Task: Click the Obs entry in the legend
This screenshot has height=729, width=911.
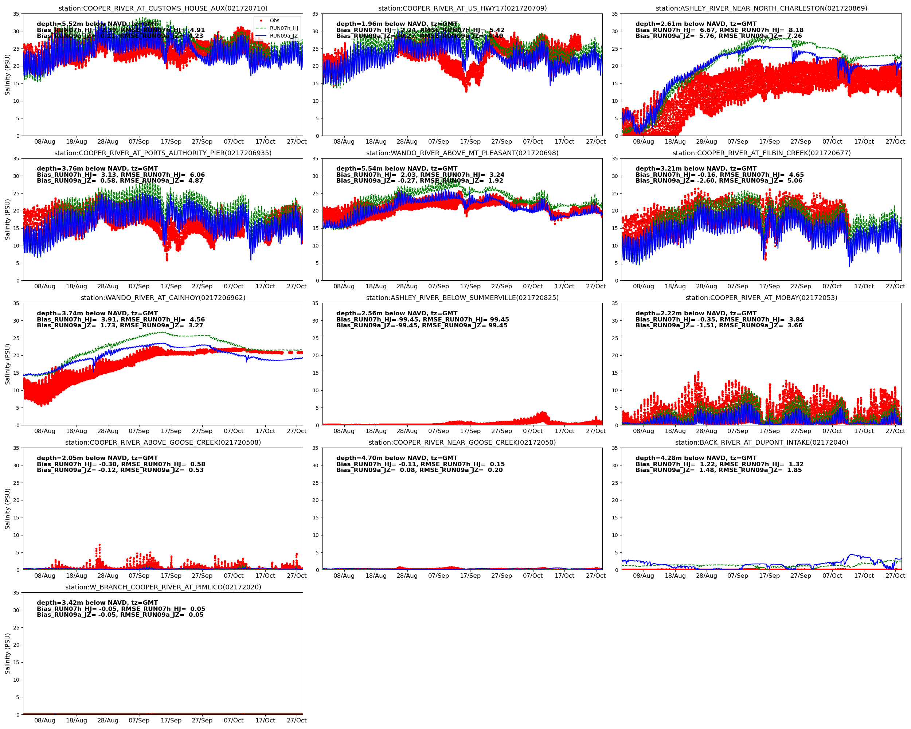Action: [274, 20]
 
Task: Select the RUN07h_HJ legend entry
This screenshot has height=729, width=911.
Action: [284, 28]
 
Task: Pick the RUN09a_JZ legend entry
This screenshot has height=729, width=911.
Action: [284, 36]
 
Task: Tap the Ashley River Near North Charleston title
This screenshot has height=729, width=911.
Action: [762, 8]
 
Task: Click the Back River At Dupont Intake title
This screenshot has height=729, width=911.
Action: [762, 443]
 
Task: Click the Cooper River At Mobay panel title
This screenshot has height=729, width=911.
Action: [762, 297]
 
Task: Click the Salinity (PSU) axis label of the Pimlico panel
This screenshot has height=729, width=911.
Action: [7, 653]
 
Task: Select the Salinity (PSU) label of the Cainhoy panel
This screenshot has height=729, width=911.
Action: [7, 364]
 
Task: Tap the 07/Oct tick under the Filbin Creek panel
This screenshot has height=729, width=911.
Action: [832, 286]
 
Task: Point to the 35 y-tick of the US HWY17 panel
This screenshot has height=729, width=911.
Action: [315, 14]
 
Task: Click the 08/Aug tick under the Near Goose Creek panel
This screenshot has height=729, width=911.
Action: [344, 576]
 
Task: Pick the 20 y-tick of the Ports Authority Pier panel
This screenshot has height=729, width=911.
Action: [16, 211]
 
